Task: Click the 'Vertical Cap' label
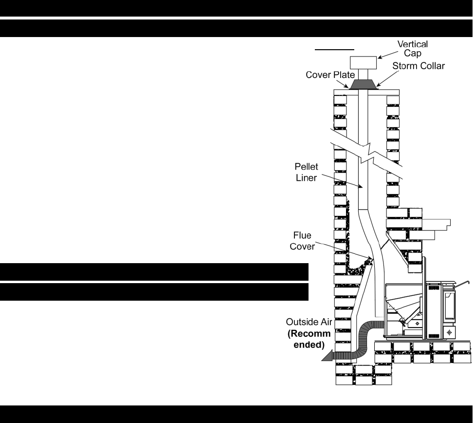(x=413, y=48)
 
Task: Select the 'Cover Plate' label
(x=327, y=76)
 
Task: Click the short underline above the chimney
(x=334, y=49)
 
